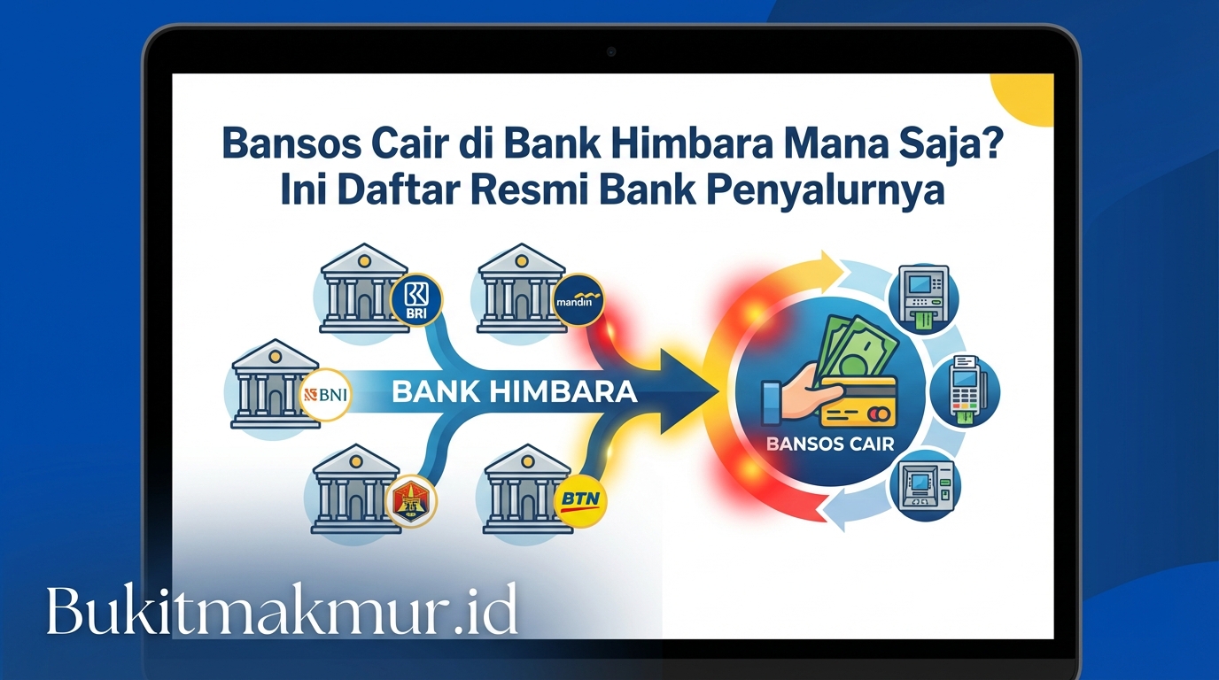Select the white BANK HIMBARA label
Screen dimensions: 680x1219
point(514,391)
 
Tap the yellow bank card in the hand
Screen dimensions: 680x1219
point(857,402)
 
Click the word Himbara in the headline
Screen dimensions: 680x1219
point(696,144)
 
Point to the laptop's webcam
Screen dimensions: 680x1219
point(611,51)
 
